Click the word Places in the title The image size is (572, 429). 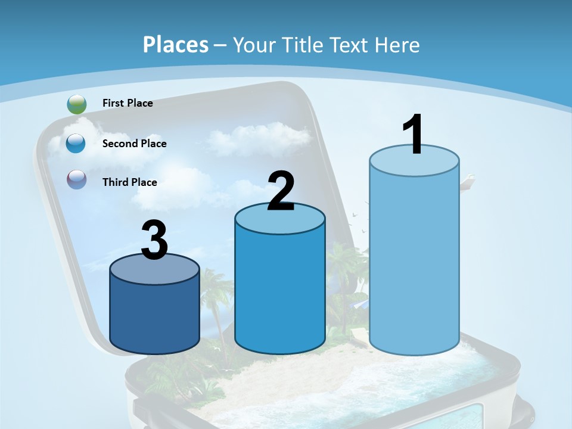176,45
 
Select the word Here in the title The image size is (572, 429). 398,45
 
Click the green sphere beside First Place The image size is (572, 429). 76,104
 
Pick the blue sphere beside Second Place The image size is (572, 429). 76,144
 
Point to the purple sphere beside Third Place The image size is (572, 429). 76,179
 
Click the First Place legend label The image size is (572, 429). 128,103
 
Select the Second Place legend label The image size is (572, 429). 134,144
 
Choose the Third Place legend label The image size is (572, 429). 129,182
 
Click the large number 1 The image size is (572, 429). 414,135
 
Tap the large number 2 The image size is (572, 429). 281,191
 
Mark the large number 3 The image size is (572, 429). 154,241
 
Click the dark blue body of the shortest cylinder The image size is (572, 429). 154,316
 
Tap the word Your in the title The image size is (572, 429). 254,45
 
